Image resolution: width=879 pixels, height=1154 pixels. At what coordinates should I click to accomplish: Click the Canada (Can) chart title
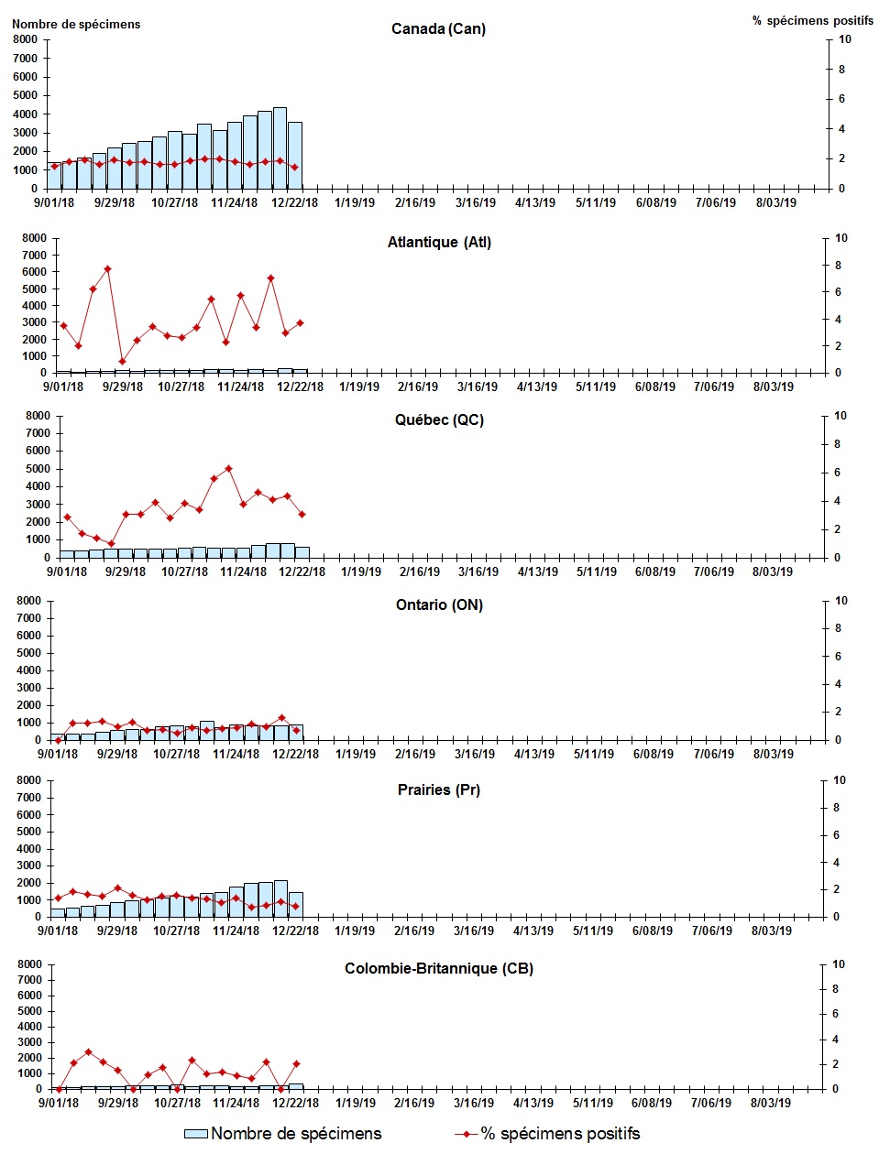438,28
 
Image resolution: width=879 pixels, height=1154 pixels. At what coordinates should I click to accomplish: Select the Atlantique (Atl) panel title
439,243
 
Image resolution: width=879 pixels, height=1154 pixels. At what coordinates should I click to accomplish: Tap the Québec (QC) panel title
439,420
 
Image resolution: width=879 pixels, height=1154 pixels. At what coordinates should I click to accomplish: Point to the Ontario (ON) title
439,605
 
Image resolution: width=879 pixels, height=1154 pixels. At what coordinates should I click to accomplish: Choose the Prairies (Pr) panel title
439,789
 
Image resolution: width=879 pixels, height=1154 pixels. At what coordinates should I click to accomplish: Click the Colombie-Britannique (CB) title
439,969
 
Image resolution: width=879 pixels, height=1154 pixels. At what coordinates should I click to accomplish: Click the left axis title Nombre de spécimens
76,25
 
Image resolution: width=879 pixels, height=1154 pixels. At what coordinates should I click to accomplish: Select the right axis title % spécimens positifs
813,20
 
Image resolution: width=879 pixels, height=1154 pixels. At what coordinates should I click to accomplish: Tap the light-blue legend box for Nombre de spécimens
196,1134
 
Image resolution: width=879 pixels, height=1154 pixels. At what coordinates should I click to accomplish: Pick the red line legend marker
467,1134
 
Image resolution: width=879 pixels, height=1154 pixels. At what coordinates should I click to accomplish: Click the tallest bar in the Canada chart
280,147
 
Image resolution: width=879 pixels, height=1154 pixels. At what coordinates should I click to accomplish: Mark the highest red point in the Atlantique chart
107,269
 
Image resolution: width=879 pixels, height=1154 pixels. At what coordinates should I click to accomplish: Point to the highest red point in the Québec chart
228,469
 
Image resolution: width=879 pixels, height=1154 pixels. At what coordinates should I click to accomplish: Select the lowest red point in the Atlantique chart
122,361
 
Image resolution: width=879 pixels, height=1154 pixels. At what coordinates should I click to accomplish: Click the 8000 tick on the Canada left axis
25,39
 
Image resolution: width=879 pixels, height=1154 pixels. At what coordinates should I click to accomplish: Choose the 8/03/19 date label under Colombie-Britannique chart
771,1104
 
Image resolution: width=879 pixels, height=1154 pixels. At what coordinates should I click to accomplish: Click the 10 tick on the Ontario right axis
841,601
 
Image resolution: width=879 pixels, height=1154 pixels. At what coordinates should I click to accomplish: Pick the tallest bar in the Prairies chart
280,898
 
